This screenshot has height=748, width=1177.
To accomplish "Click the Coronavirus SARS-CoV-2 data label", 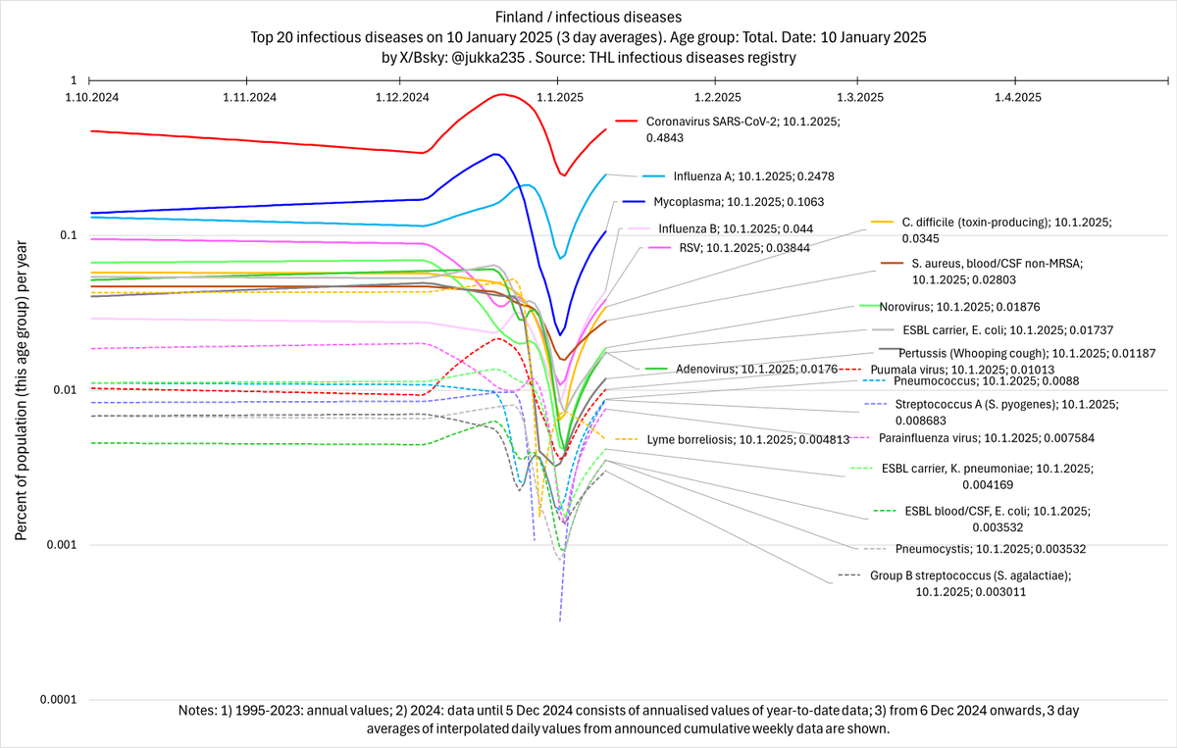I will [742, 128].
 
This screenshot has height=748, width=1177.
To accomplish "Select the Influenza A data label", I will [753, 176].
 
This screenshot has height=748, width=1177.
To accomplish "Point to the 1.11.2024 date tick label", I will [248, 97].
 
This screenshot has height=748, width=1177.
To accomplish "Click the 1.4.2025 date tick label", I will [1018, 97].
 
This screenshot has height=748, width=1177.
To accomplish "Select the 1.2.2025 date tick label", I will [717, 97].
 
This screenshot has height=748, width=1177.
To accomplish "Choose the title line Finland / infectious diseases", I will [588, 17].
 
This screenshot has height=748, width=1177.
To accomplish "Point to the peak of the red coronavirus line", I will [502, 94].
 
